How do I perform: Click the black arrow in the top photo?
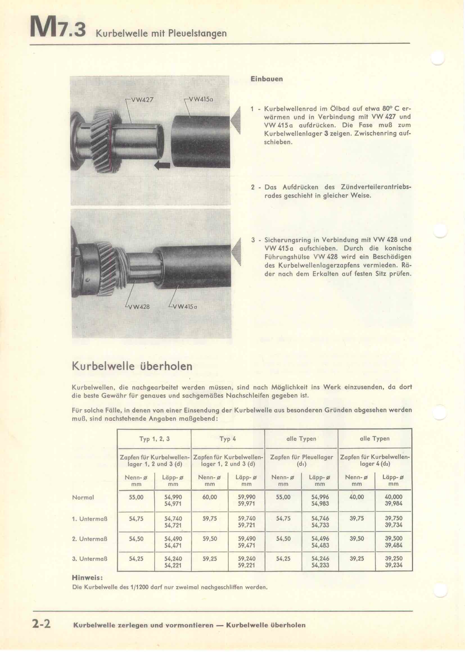click(x=162, y=165)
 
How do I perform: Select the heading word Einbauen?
click(x=267, y=79)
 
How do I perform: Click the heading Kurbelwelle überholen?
click(x=132, y=367)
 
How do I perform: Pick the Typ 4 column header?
click(x=228, y=439)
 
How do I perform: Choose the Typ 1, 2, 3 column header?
click(x=154, y=439)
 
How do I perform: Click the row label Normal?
click(x=83, y=498)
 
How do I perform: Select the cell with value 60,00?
click(x=210, y=497)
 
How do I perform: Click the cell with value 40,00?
click(x=356, y=497)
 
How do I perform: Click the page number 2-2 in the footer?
click(x=41, y=624)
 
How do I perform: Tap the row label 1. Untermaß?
click(x=90, y=519)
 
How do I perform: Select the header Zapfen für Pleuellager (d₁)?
click(x=301, y=461)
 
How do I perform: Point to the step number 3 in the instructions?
click(x=253, y=240)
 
